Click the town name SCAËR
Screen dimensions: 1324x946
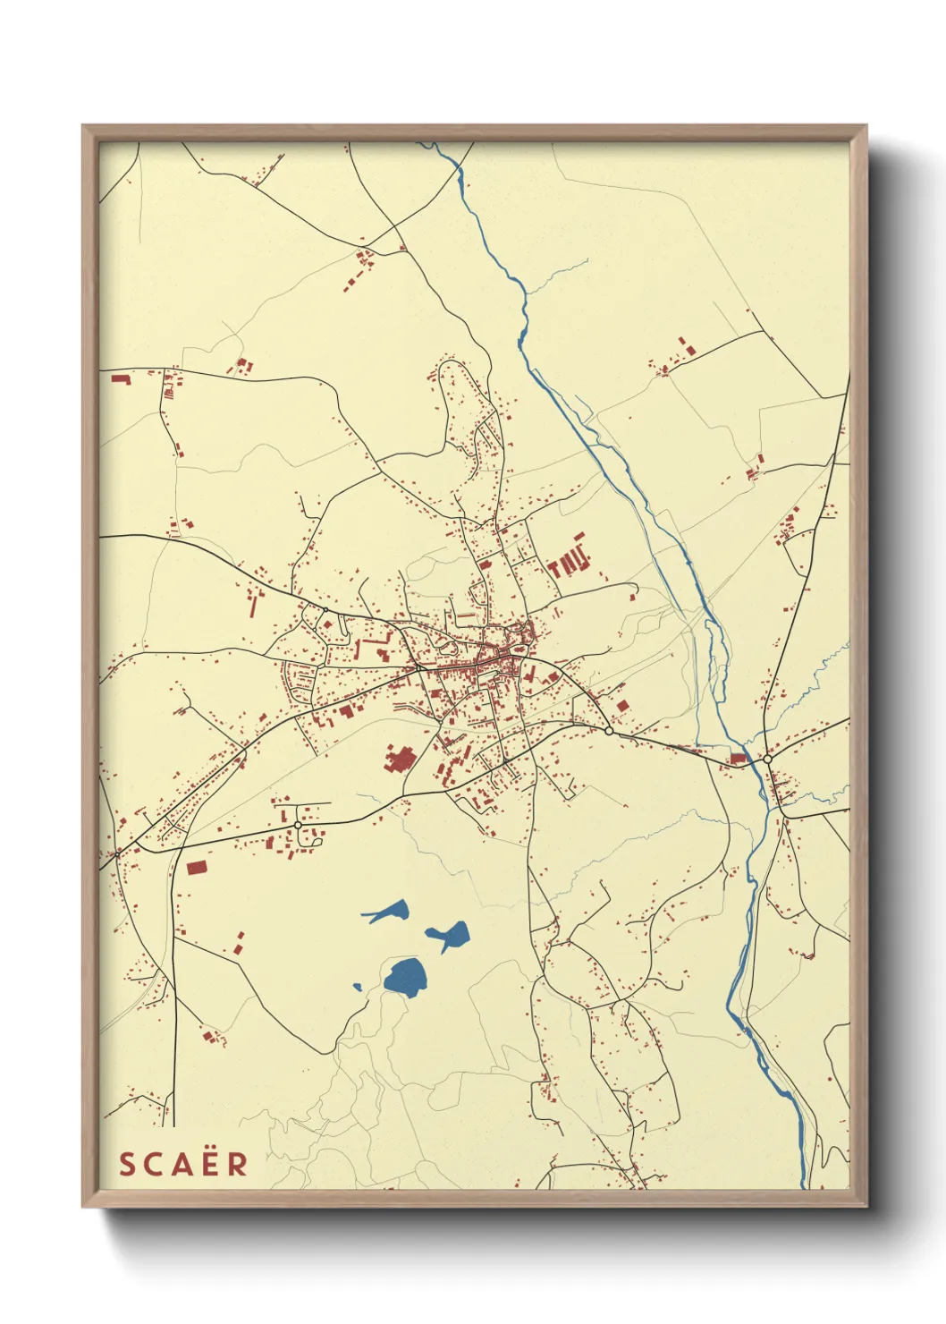tap(183, 1164)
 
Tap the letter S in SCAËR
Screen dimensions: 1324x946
tap(127, 1164)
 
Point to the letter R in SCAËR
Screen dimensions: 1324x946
tap(239, 1164)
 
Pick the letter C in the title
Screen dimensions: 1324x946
tap(154, 1164)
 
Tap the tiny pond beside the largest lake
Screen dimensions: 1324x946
tap(358, 988)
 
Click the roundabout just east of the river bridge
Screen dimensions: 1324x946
tap(767, 759)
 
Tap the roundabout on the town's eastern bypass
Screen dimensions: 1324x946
tap(609, 731)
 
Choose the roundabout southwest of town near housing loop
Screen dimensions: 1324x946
tap(298, 824)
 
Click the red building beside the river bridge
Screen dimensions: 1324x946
tap(738, 759)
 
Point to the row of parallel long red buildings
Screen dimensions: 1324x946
tap(568, 562)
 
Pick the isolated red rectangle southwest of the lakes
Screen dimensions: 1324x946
tap(196, 867)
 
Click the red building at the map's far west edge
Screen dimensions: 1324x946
tap(120, 379)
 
